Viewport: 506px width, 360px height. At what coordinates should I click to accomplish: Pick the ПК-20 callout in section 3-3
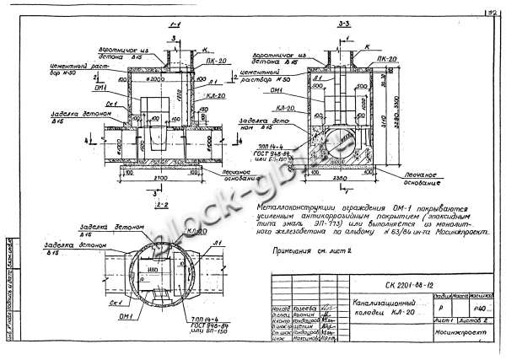coord(387,60)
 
